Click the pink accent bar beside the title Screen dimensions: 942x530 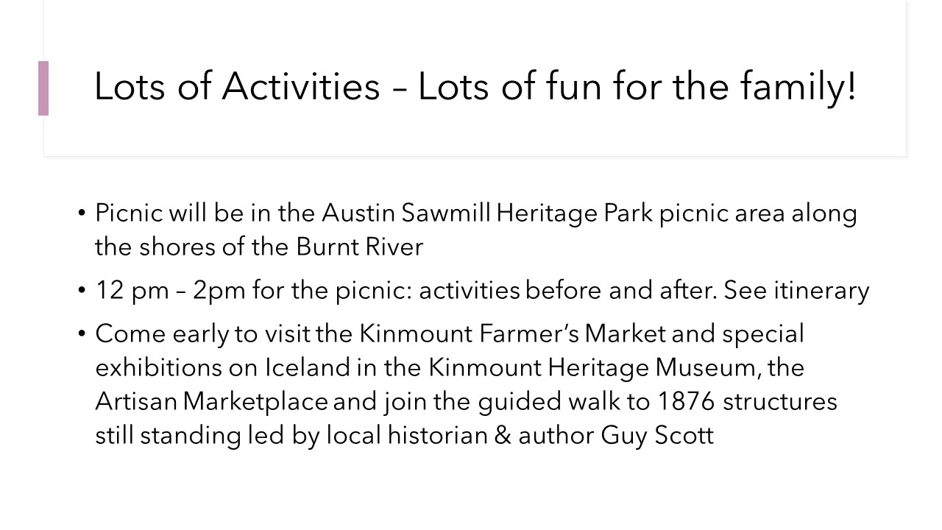pos(43,88)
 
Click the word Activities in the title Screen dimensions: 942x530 pos(301,86)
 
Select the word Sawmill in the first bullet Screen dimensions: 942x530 pos(446,213)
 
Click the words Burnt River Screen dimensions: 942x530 pos(360,247)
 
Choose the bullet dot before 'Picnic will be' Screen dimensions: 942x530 pos(82,213)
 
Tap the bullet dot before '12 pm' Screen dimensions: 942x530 pos(82,290)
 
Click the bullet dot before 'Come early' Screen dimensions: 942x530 pos(82,334)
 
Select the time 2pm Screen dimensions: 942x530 pos(219,291)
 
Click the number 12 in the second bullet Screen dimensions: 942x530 pos(110,290)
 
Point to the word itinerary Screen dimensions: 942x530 pos(821,291)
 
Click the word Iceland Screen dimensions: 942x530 pos(308,367)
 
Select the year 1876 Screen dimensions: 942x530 pos(685,401)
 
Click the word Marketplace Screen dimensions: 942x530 pos(255,402)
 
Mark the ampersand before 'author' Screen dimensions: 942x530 pos(503,435)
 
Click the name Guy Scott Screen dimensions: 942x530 pos(657,436)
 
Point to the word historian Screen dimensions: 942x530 pos(437,435)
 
